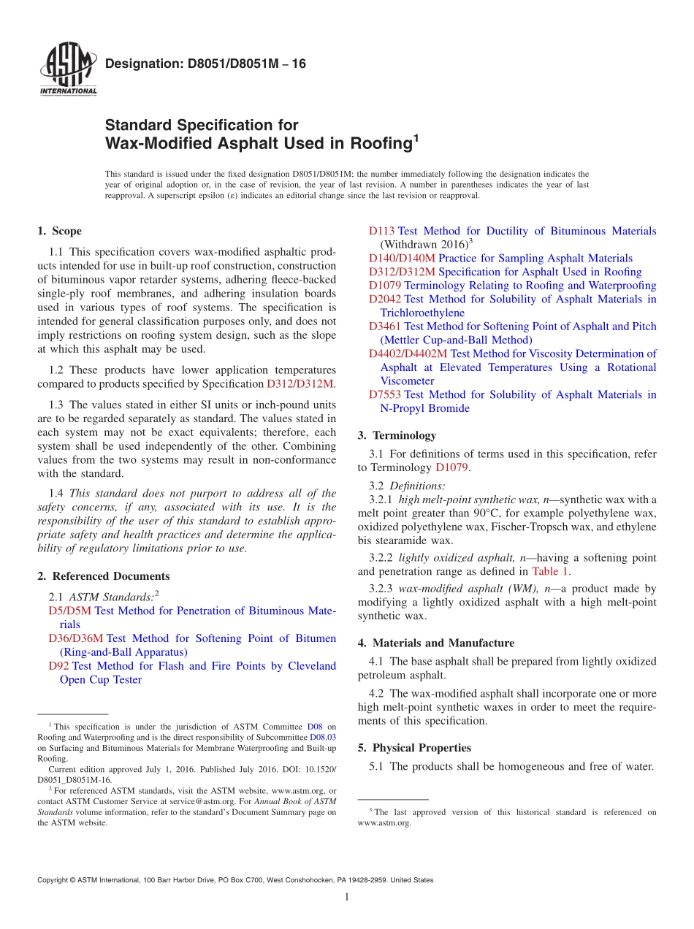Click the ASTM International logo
67,70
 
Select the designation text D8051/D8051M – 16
205,64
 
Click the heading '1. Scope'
59,231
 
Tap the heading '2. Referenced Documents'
103,576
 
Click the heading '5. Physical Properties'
414,748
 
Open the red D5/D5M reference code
70,611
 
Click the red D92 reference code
58,665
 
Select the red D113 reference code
381,231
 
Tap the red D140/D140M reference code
402,258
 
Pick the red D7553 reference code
384,394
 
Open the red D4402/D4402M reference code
408,353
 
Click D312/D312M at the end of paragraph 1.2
300,383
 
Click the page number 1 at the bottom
347,897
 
